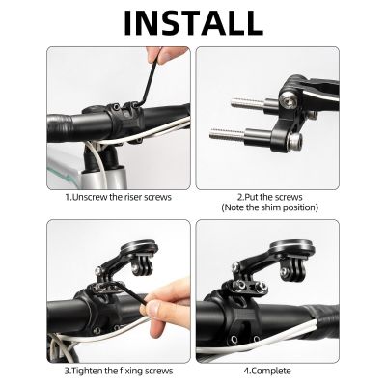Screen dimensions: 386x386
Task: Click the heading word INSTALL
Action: [x=193, y=22]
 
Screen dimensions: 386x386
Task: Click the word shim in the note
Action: [x=279, y=207]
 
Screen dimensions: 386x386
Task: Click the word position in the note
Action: [x=308, y=207]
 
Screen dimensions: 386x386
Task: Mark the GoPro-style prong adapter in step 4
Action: [x=253, y=271]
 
